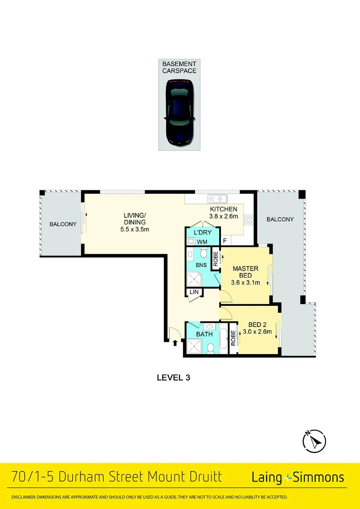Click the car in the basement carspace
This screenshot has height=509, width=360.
[180, 112]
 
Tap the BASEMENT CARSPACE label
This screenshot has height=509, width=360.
[180, 67]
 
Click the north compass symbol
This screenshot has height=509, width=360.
[314, 441]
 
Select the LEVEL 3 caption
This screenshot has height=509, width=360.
[173, 377]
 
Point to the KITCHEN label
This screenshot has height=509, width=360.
[223, 209]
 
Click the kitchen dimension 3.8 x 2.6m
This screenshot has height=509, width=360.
[223, 217]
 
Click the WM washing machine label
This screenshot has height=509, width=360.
[202, 242]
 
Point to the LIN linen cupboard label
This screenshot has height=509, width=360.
[194, 293]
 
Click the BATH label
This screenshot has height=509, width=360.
[205, 334]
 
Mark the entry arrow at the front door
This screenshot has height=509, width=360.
[176, 343]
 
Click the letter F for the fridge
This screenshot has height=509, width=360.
[225, 241]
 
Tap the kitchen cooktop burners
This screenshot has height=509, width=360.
[248, 220]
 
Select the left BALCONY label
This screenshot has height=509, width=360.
[63, 224]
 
